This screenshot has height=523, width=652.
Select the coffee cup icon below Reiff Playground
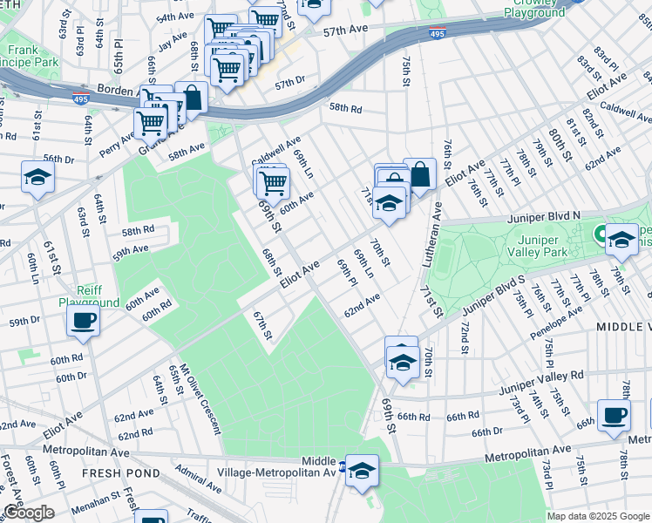point(84,321)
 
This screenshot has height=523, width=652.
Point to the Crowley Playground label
point(533,7)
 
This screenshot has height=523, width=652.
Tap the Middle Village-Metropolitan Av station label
point(318,466)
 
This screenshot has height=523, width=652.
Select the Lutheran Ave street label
point(437,233)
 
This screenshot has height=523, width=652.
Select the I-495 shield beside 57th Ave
point(436,33)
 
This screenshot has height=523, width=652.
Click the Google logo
point(28,513)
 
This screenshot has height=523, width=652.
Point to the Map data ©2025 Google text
point(598,516)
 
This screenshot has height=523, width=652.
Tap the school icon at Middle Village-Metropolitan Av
point(362,470)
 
